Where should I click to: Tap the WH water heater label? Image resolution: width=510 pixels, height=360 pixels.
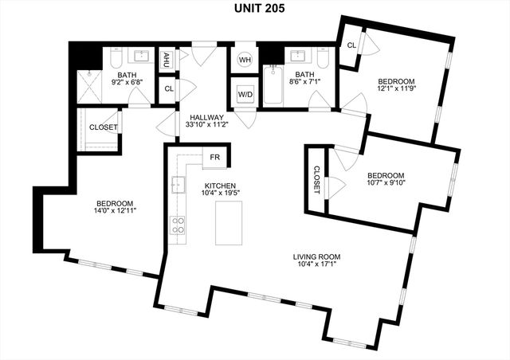point(245,60)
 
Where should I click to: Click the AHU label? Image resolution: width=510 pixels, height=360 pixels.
point(167,59)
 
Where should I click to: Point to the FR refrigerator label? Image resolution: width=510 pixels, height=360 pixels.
point(215,157)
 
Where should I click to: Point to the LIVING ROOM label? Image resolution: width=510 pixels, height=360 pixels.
point(316,256)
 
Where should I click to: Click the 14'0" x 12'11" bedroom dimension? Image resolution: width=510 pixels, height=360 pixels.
point(115,212)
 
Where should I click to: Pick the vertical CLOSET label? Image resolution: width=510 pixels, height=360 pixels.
point(316,181)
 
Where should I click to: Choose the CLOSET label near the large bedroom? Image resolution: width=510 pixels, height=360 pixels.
point(103,127)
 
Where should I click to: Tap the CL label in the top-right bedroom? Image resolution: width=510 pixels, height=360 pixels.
point(351,45)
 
